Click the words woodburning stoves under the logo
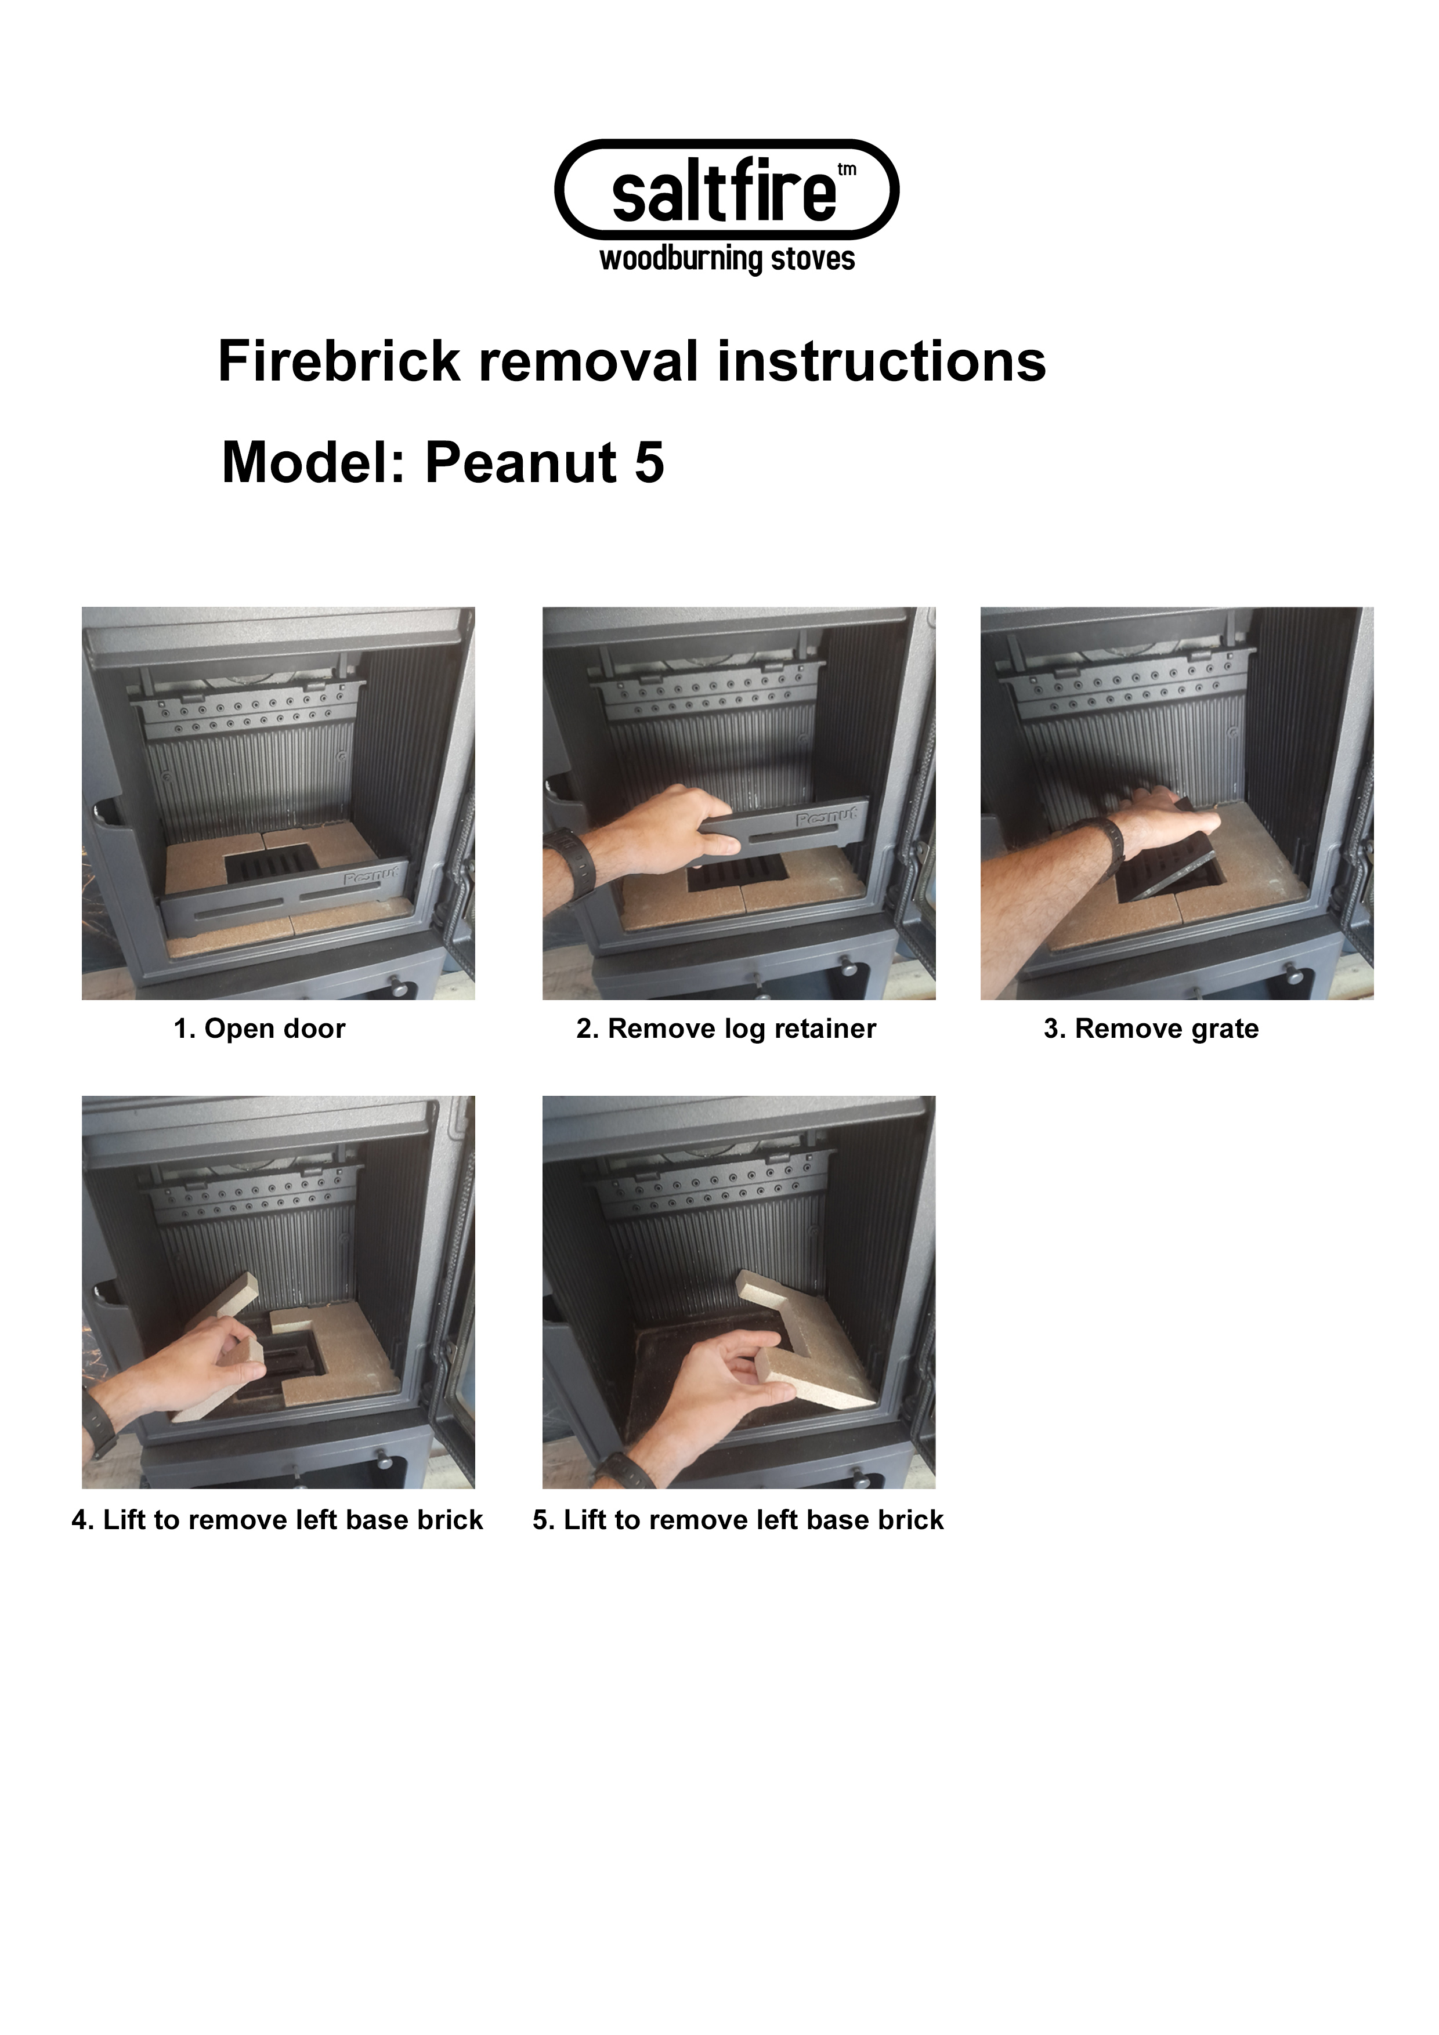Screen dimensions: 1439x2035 click(727, 260)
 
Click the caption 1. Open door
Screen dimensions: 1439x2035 click(260, 1029)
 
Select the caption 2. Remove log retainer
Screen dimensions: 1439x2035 click(726, 1029)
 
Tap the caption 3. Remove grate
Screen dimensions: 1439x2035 click(1151, 1029)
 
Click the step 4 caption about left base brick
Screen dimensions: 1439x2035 click(277, 1520)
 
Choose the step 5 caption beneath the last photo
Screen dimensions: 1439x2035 click(739, 1520)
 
